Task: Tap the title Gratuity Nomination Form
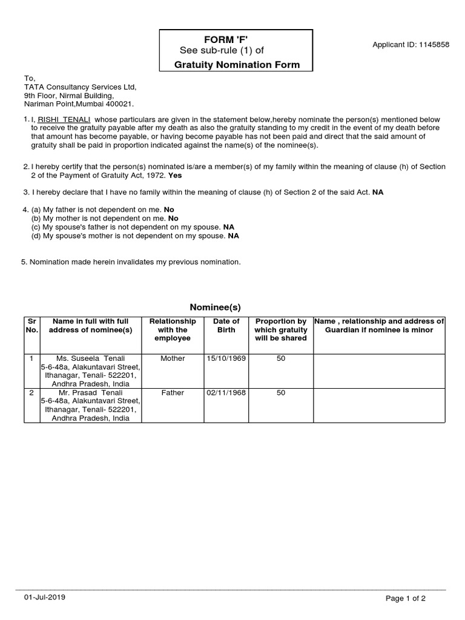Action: click(x=237, y=65)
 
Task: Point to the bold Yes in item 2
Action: click(x=174, y=175)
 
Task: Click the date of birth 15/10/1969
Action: click(x=226, y=358)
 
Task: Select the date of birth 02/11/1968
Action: click(x=226, y=392)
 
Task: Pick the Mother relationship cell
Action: click(x=173, y=358)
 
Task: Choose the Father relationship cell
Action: click(x=173, y=392)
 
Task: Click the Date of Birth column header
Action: click(x=226, y=325)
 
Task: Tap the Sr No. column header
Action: click(x=31, y=325)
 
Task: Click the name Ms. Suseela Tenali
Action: click(x=90, y=358)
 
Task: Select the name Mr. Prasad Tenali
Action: click(x=90, y=392)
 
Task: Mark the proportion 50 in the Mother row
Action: click(x=280, y=358)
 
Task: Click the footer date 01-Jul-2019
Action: click(x=45, y=597)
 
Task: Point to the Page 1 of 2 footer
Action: click(x=406, y=599)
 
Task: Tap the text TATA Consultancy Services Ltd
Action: click(x=80, y=87)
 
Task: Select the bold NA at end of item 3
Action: click(x=378, y=192)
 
